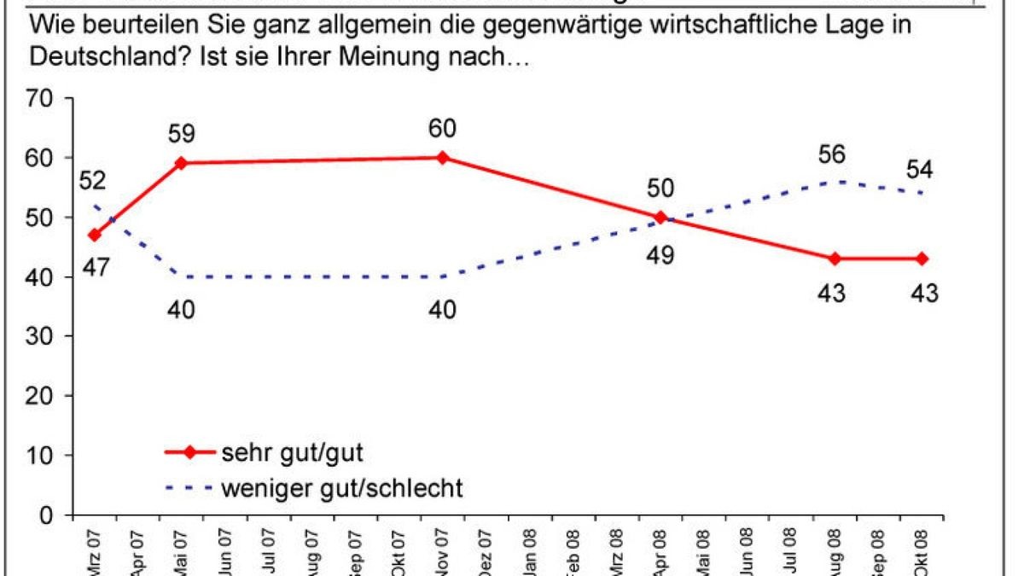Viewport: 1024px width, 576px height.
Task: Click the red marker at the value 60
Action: tap(442, 157)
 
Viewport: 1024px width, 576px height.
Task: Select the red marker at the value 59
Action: tap(182, 163)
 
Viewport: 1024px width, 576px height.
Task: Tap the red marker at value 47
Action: tap(95, 235)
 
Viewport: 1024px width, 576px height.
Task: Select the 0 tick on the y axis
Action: tap(51, 515)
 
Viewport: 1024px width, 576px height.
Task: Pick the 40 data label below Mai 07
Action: tap(182, 311)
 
